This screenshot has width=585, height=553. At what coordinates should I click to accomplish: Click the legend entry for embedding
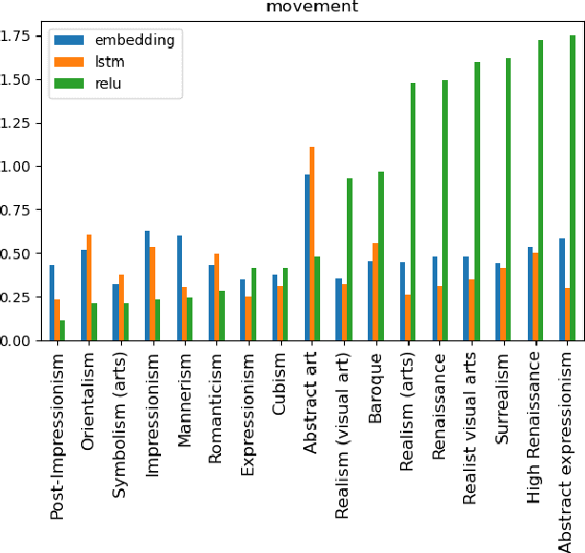pos(120,40)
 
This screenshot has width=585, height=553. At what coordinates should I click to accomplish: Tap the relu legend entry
pos(101,83)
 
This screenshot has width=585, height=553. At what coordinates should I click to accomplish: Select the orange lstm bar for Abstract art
pos(312,243)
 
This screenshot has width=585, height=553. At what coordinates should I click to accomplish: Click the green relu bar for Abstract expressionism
pos(572,188)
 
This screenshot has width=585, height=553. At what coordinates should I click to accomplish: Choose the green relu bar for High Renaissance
pos(540,190)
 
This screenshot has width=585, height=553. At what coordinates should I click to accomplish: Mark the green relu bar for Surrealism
pos(509,199)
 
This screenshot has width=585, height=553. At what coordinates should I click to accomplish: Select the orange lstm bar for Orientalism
pos(89,287)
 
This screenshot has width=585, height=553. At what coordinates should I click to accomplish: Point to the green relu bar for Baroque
pos(381,256)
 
